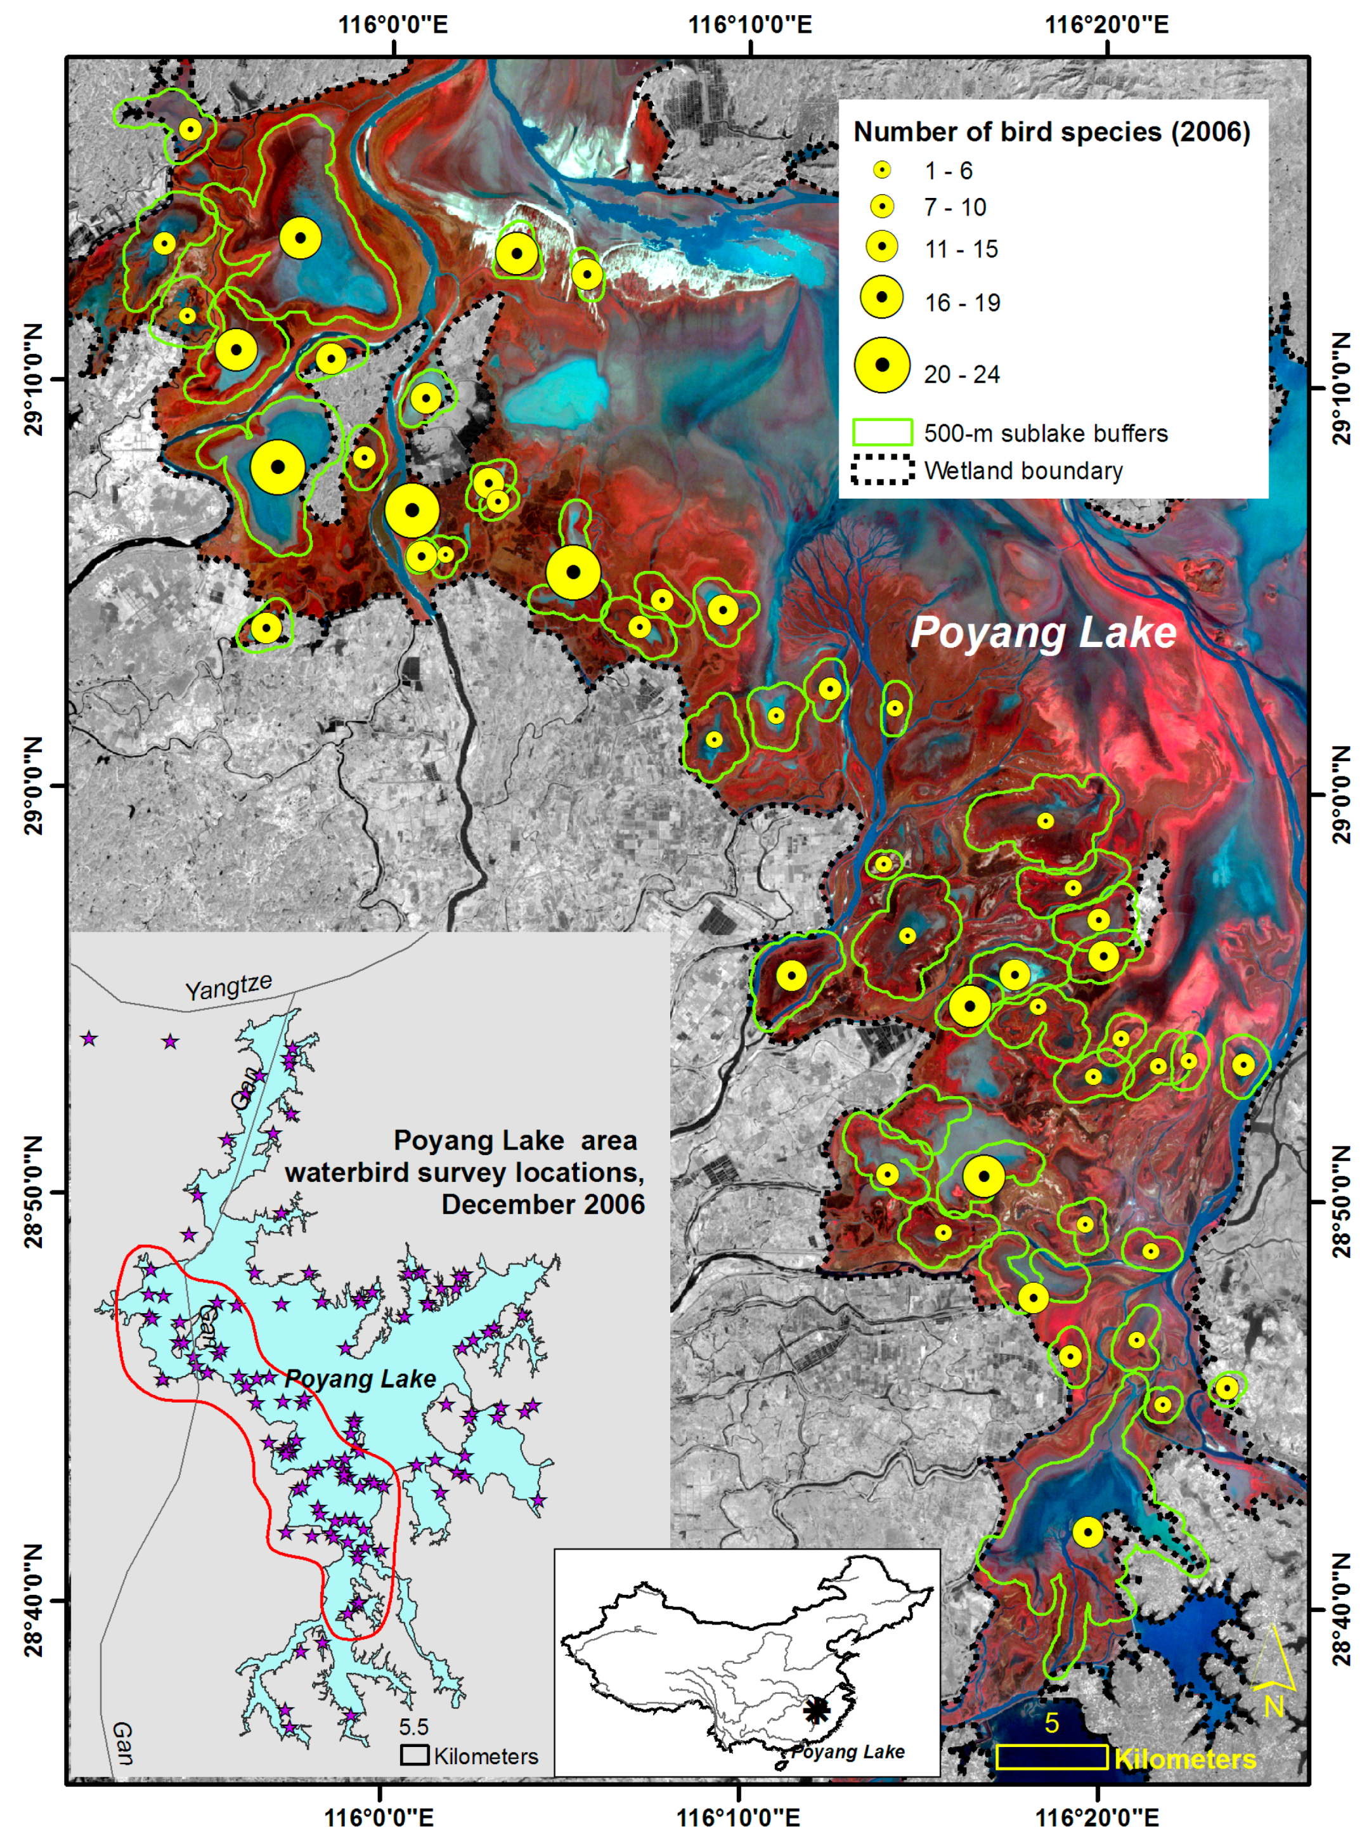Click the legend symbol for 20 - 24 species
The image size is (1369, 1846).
tap(883, 365)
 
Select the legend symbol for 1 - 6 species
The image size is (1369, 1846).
tap(883, 171)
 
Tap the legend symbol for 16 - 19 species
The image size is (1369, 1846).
tap(883, 297)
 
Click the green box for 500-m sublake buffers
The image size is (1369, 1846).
tap(883, 432)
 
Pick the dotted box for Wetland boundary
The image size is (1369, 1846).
tap(883, 470)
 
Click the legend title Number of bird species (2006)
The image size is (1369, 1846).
tap(1051, 132)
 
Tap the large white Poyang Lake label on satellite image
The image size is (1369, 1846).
tap(1042, 633)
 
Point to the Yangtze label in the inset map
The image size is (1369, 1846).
tap(228, 987)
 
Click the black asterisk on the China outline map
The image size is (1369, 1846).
tap(816, 1709)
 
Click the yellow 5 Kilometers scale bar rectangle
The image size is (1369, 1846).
tap(1051, 1757)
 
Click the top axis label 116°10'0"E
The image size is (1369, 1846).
tap(751, 24)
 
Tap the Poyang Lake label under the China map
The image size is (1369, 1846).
tap(847, 1751)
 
